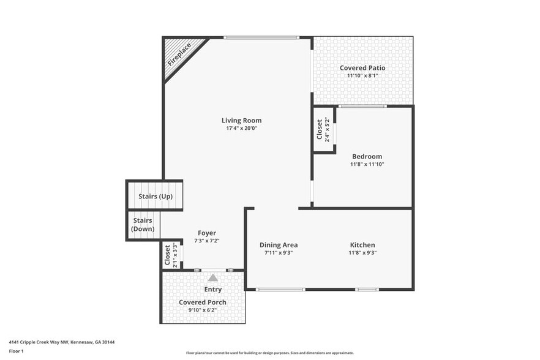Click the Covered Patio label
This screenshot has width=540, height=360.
point(362,68)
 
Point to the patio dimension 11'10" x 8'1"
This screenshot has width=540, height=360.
point(362,76)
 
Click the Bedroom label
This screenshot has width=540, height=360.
point(367,156)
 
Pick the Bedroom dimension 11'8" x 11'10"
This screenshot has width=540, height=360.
point(367,164)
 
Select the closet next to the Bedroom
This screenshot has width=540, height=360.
point(324,130)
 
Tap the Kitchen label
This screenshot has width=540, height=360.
point(362,245)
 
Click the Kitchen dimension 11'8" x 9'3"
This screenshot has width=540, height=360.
point(362,253)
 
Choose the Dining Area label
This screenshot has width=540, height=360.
point(279,245)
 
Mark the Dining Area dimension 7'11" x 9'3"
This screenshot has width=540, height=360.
point(279,253)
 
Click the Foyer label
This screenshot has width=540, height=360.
point(206,233)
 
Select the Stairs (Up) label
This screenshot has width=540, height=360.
point(156,197)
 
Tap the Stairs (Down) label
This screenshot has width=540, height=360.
point(143,225)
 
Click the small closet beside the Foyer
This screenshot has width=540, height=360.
point(171,255)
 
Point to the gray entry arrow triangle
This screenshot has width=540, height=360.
point(212,278)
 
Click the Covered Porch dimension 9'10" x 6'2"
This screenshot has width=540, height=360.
point(202,310)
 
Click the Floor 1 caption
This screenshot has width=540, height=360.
point(16,351)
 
